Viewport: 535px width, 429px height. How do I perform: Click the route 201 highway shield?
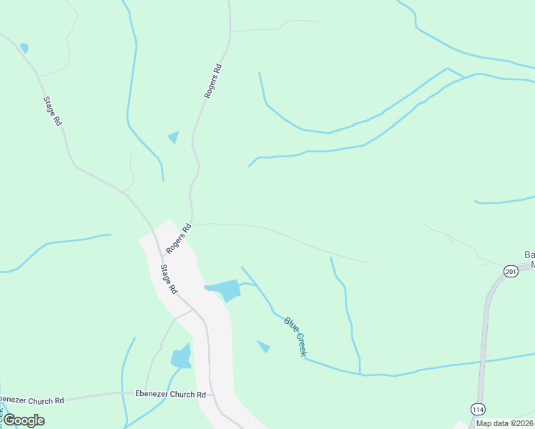pos(510,271)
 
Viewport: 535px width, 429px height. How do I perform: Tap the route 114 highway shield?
pos(478,409)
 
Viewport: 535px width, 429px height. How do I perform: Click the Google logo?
pos(24,420)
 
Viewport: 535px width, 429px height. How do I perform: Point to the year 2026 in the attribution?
pos(521,423)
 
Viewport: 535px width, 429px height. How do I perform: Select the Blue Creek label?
pos(295,336)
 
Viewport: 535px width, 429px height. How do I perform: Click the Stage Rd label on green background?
pos(53,112)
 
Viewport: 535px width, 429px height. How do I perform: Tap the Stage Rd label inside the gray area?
pos(168,280)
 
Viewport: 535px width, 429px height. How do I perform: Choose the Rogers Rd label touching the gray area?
pos(179,239)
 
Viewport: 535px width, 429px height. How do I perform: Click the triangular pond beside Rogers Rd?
pos(174,137)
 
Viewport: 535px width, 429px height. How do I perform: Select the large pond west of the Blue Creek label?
pos(225,290)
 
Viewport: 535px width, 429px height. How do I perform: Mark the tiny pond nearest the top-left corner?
pos(24,48)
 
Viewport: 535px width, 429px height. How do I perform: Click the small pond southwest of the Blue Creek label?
pos(264,347)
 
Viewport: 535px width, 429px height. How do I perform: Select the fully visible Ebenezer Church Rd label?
pos(170,394)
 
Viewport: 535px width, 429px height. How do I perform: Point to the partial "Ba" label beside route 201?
pos(529,255)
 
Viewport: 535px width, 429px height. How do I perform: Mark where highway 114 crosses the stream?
pos(482,361)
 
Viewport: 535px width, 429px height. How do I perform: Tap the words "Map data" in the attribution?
pos(491,423)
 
